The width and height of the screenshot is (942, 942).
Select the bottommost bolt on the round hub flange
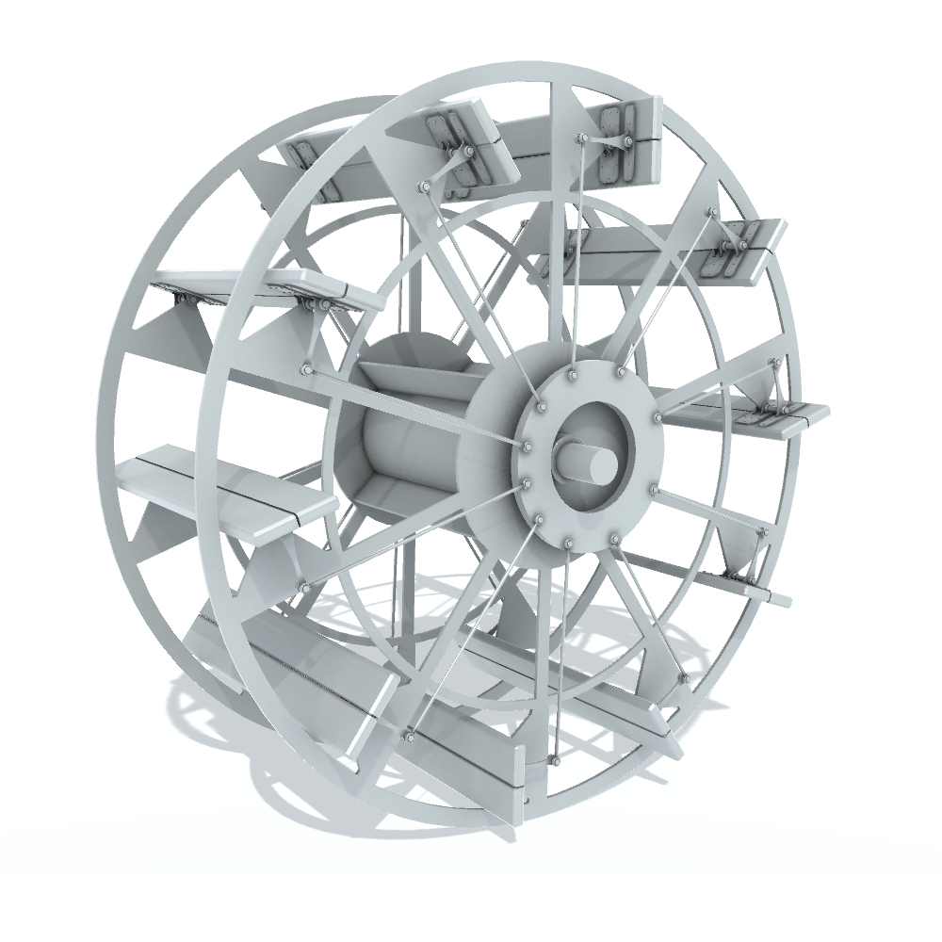click(569, 545)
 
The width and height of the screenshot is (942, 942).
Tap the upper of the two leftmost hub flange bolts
click(527, 446)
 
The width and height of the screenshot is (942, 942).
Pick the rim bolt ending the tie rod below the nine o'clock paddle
click(304, 587)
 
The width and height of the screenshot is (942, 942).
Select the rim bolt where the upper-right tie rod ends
click(711, 213)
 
